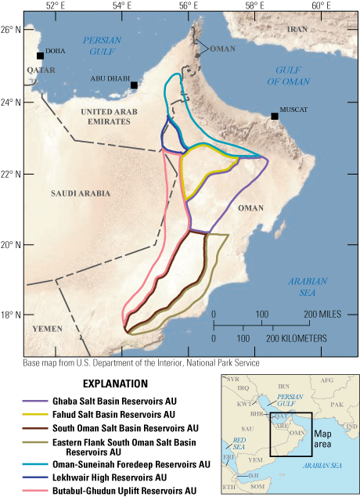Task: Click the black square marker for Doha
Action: (x=41, y=56)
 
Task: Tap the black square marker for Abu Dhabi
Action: (x=135, y=85)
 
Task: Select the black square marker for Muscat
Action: (x=275, y=116)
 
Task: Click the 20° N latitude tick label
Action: (x=11, y=245)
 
